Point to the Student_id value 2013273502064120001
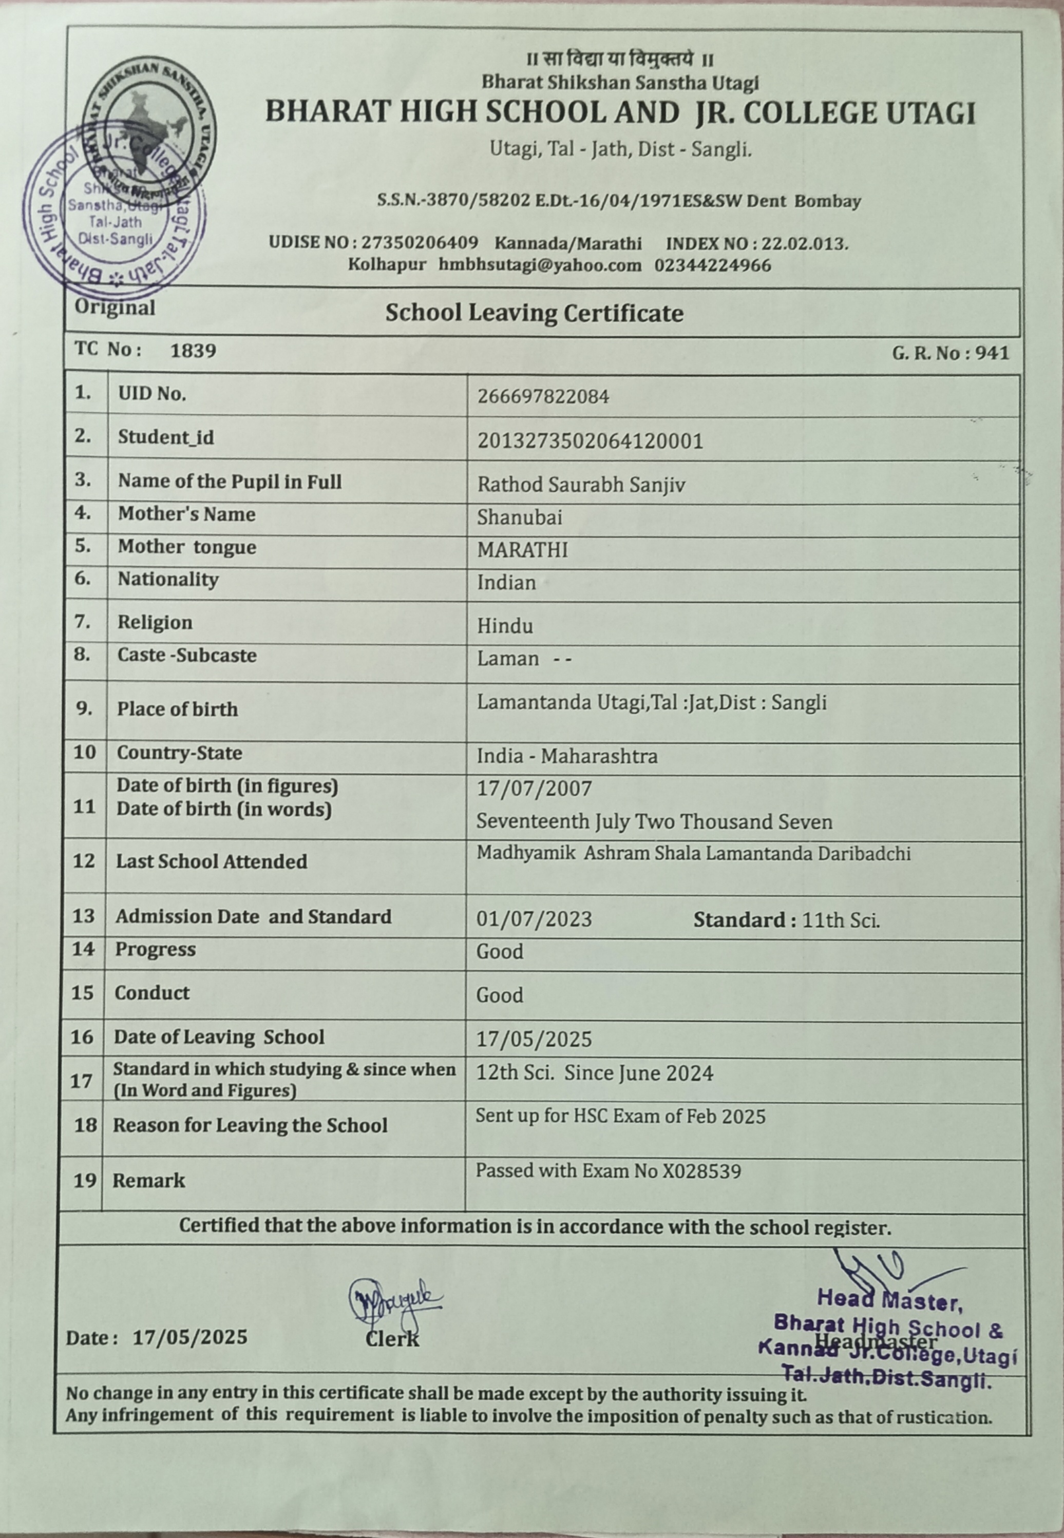click(x=590, y=441)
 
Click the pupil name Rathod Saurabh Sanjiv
click(x=581, y=485)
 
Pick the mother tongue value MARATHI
click(x=522, y=550)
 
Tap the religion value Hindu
click(x=505, y=626)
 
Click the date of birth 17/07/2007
click(x=534, y=789)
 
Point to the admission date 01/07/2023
click(x=534, y=919)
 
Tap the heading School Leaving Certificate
click(x=534, y=313)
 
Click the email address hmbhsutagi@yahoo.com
click(x=539, y=265)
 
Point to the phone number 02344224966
click(x=712, y=265)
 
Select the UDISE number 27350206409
click(x=420, y=242)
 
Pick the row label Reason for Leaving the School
click(x=250, y=1125)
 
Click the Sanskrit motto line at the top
click(x=620, y=60)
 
